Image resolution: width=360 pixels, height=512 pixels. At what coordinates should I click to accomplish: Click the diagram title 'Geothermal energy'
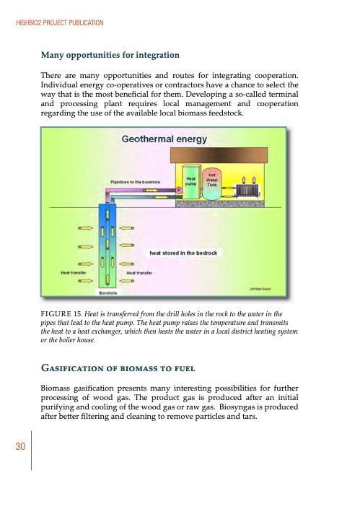tap(153, 139)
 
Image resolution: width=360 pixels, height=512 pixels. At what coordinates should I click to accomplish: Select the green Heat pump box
tap(191, 181)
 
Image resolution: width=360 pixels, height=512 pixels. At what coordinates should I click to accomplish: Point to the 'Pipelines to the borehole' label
tap(140, 181)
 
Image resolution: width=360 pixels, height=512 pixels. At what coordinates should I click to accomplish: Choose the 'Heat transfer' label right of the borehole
tap(139, 273)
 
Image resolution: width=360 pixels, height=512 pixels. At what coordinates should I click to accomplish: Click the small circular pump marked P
tap(178, 191)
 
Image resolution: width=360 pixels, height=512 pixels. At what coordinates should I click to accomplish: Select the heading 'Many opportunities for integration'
tap(110, 55)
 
